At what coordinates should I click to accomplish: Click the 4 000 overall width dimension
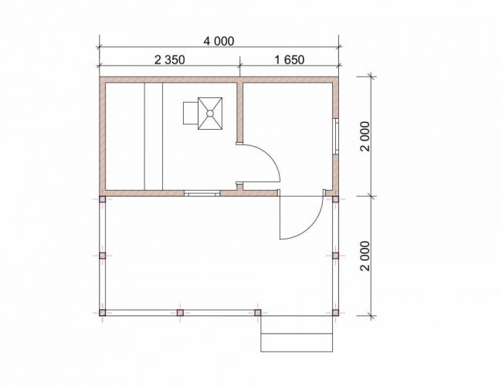click(219, 41)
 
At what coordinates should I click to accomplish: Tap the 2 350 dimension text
click(170, 59)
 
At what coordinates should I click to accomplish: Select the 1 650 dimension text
click(290, 59)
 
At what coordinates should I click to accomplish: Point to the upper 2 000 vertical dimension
click(365, 136)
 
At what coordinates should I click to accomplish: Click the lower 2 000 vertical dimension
click(365, 256)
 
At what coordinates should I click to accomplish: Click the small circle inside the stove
click(210, 114)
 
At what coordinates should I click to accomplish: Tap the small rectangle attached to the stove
click(191, 113)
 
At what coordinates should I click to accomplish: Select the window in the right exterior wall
click(335, 137)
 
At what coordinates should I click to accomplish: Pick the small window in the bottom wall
click(202, 193)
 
